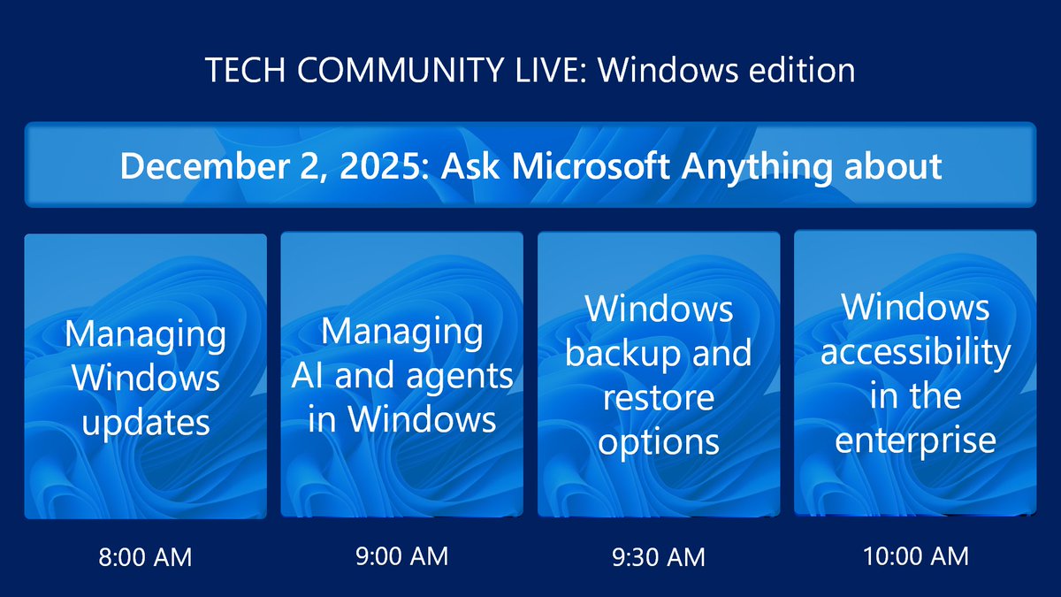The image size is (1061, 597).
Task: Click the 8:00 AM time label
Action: (146, 557)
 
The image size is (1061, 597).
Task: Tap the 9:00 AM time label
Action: (402, 556)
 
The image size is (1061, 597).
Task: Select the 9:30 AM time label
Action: (659, 557)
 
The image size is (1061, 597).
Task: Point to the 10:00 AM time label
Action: (915, 556)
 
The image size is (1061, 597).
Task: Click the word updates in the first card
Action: (146, 422)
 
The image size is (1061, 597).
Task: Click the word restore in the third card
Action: (659, 398)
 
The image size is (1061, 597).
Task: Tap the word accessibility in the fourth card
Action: (915, 352)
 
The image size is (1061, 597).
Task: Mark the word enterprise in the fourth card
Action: (915, 440)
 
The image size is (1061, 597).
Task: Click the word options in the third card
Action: (659, 441)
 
